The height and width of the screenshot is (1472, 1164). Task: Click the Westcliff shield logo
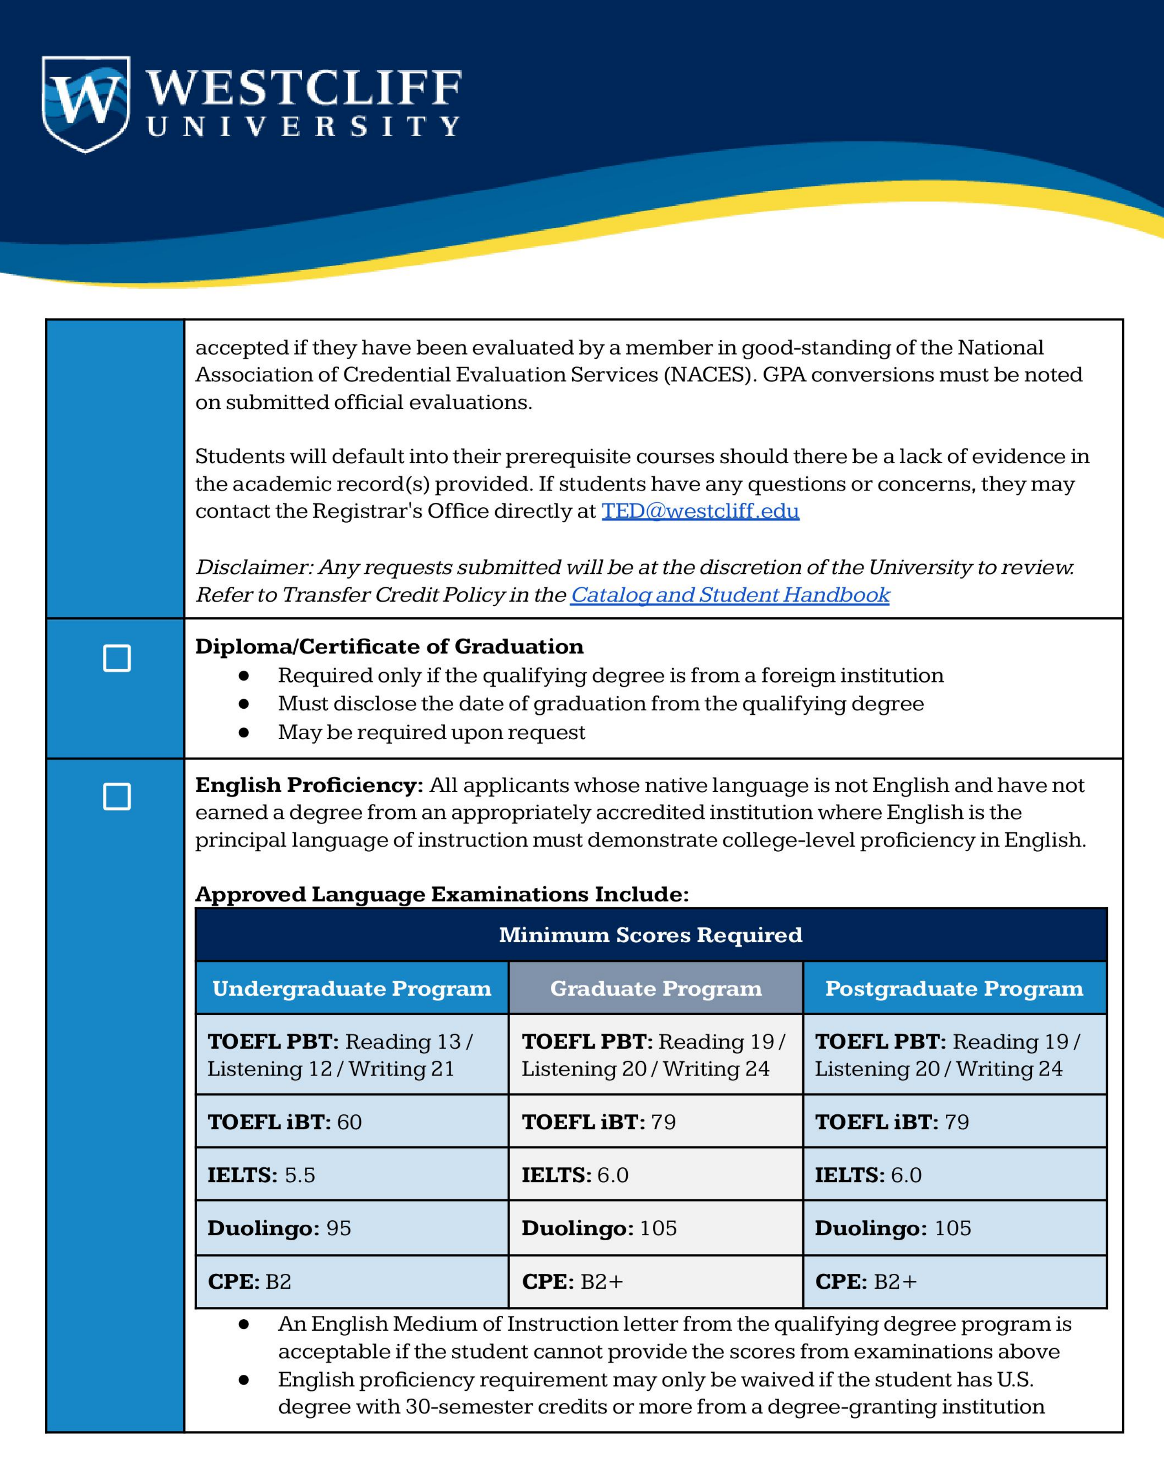point(85,104)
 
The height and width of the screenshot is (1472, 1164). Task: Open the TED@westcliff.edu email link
point(700,511)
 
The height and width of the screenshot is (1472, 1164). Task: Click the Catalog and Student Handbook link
point(730,595)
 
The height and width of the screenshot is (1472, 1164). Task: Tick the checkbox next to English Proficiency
point(117,796)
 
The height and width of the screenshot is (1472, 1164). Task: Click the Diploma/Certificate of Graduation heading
point(389,646)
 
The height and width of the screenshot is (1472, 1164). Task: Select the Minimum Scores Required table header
point(650,935)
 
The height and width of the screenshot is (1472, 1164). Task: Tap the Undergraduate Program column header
point(352,989)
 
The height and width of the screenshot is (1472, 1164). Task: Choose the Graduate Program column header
point(656,989)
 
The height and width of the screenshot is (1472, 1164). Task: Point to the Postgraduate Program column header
point(954,989)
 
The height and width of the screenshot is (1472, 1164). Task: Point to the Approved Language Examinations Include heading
point(442,894)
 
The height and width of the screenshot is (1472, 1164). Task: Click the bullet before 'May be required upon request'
point(243,732)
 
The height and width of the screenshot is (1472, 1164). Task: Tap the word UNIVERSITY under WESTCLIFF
point(303,127)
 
